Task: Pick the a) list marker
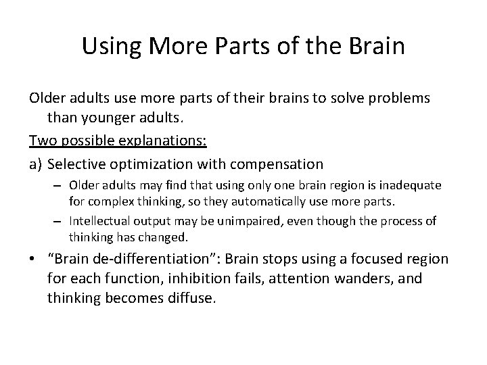37,164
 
